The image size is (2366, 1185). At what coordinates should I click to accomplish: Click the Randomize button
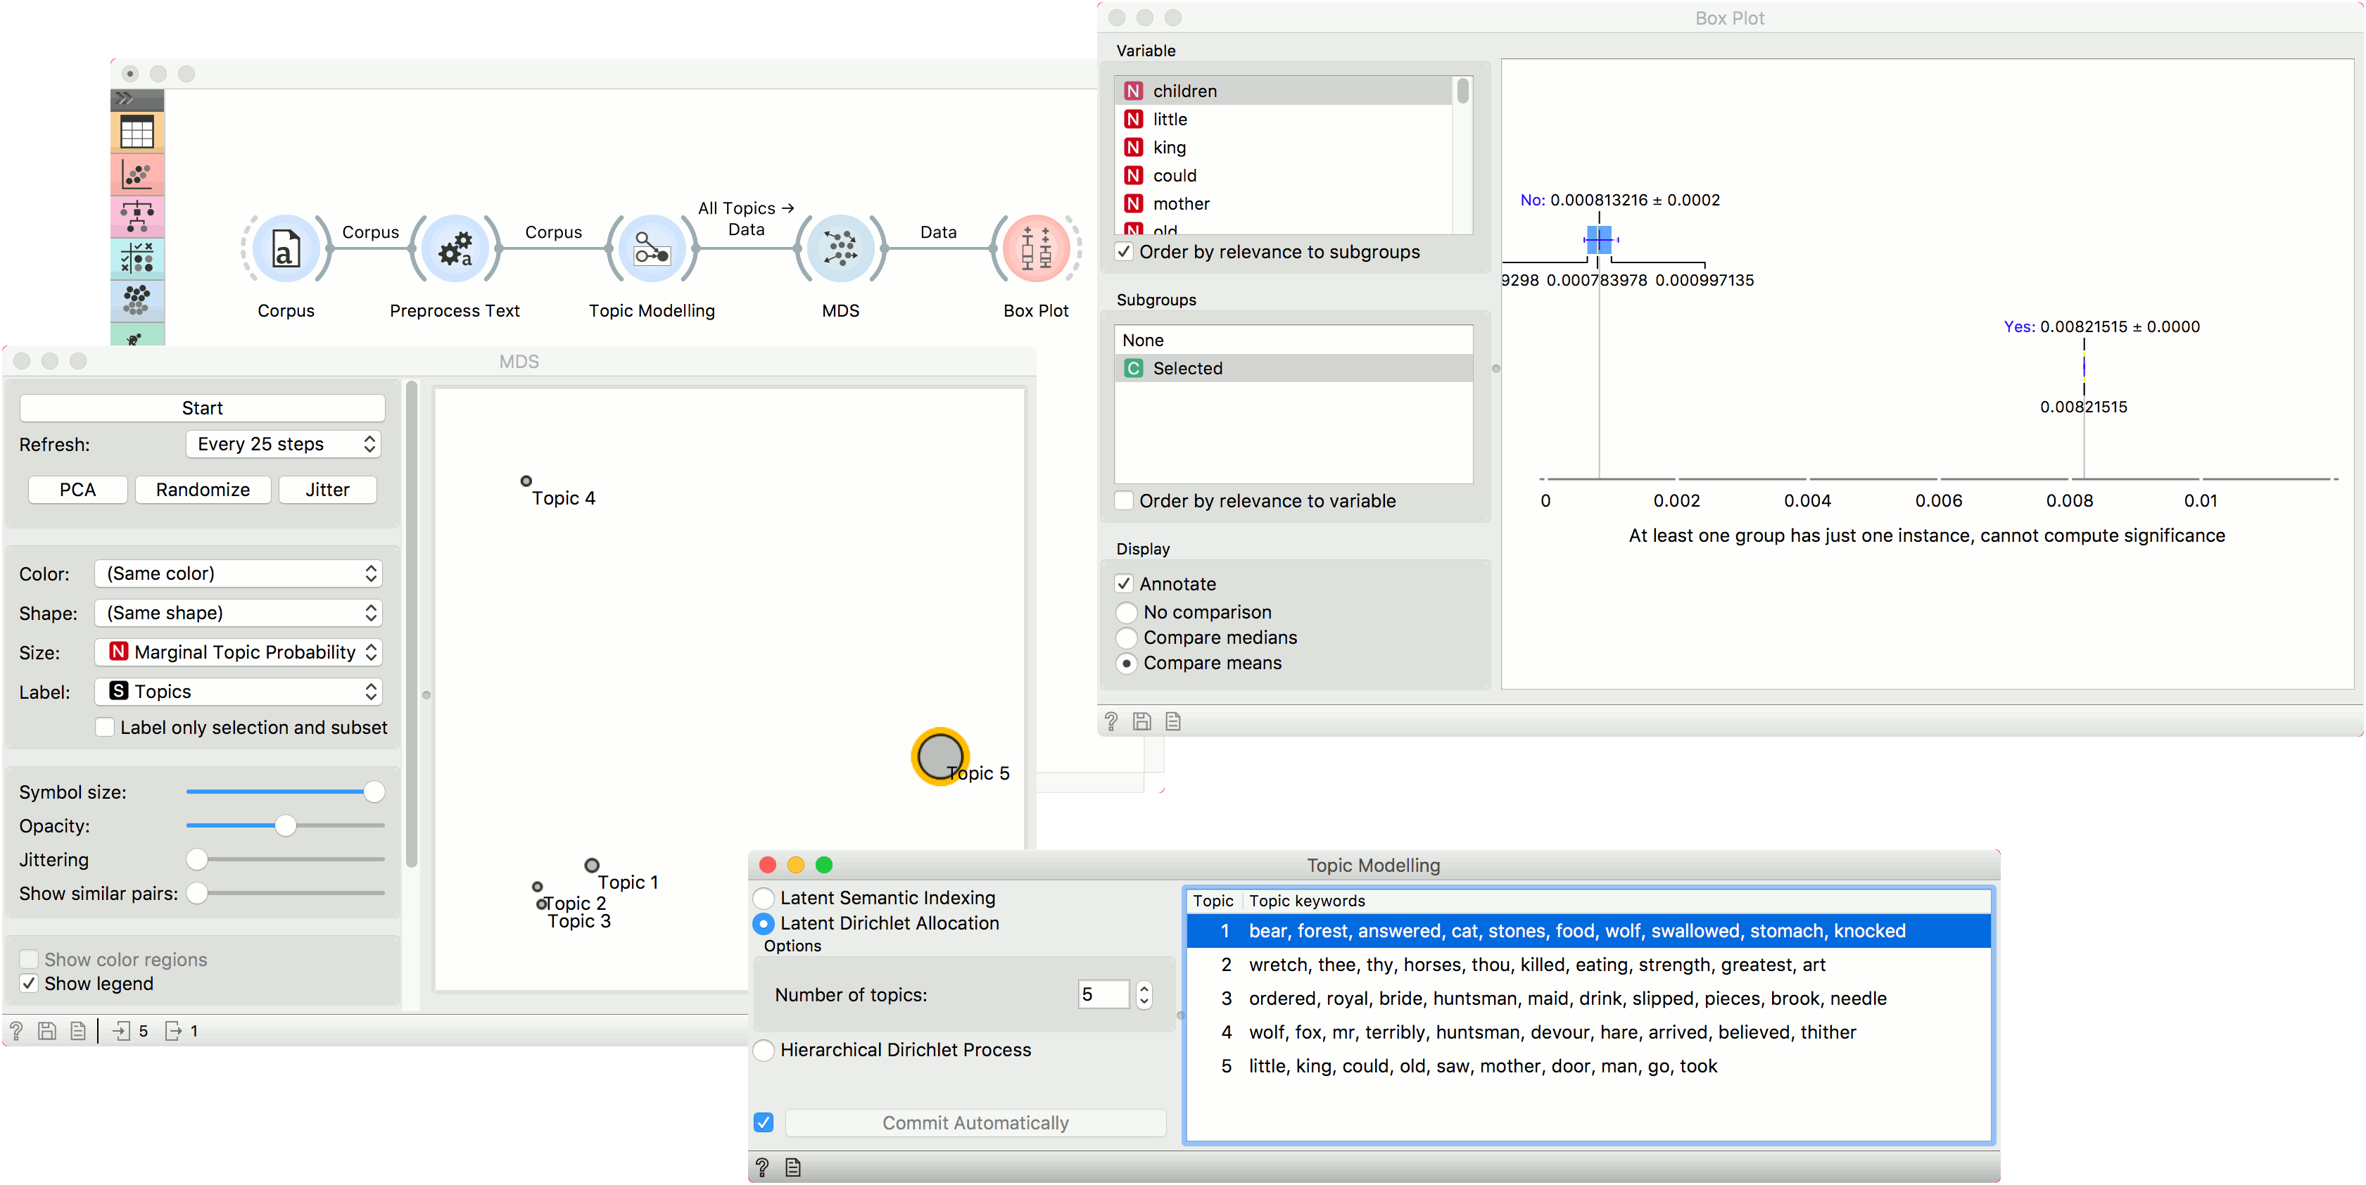point(203,490)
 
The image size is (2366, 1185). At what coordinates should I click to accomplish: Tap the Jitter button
point(328,490)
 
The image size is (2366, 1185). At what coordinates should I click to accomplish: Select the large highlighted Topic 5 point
point(940,756)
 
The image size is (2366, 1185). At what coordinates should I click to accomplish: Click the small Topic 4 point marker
point(526,481)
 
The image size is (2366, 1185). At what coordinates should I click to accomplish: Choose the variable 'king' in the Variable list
point(1169,147)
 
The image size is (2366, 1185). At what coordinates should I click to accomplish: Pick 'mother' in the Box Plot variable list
point(1181,203)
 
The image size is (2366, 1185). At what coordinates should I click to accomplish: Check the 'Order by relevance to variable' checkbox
point(1124,500)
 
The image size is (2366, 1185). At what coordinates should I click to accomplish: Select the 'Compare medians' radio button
point(1127,638)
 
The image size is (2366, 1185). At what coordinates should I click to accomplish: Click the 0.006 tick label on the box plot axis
point(1939,500)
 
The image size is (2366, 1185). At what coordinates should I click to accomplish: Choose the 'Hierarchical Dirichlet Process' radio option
point(764,1050)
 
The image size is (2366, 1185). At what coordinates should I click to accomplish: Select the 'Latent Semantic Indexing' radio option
point(764,897)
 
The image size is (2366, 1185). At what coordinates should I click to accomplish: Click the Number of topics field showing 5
point(1103,995)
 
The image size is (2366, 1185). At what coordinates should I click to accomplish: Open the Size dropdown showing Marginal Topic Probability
point(239,652)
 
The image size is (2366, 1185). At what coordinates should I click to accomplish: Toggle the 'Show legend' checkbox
point(30,984)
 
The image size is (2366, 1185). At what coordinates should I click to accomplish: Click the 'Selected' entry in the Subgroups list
point(1188,368)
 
